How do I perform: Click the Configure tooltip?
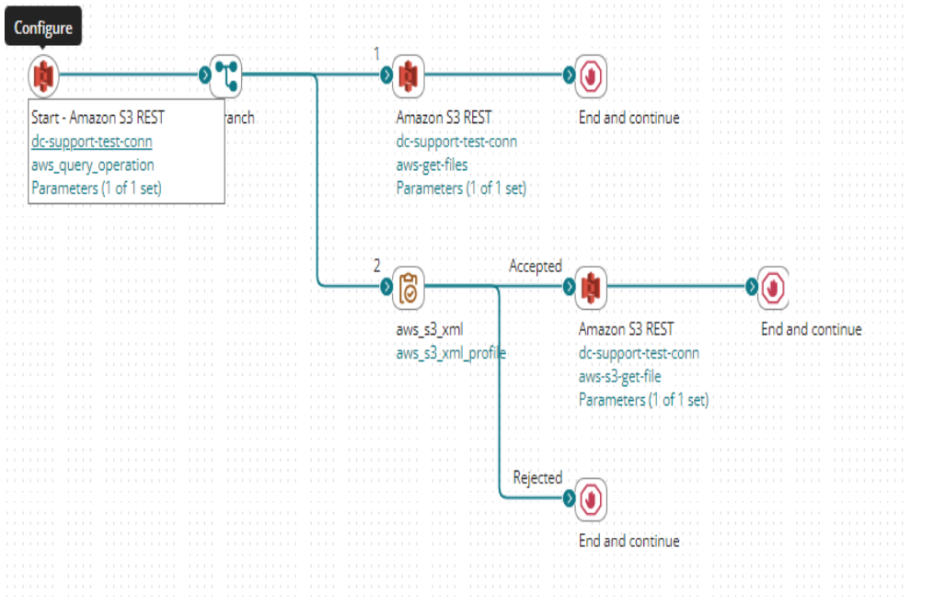(x=43, y=28)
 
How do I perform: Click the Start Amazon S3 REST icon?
(x=43, y=75)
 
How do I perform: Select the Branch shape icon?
(x=225, y=75)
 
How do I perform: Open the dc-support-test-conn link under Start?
(x=91, y=142)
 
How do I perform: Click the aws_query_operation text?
(x=92, y=166)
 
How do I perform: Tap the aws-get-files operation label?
(x=432, y=166)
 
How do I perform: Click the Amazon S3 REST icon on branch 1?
(x=408, y=75)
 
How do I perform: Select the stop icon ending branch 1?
(x=591, y=75)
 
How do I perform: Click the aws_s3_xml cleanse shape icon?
(x=408, y=287)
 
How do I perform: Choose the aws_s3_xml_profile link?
(x=451, y=353)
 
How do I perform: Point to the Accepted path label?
(x=535, y=266)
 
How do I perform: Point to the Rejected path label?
(x=536, y=477)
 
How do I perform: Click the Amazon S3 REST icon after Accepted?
(x=591, y=287)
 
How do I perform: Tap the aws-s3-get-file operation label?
(x=619, y=377)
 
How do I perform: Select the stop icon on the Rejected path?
(x=591, y=498)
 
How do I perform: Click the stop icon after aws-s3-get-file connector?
(x=773, y=287)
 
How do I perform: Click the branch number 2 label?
(x=376, y=266)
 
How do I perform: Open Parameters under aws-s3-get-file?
(x=643, y=400)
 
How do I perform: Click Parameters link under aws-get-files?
(x=461, y=188)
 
